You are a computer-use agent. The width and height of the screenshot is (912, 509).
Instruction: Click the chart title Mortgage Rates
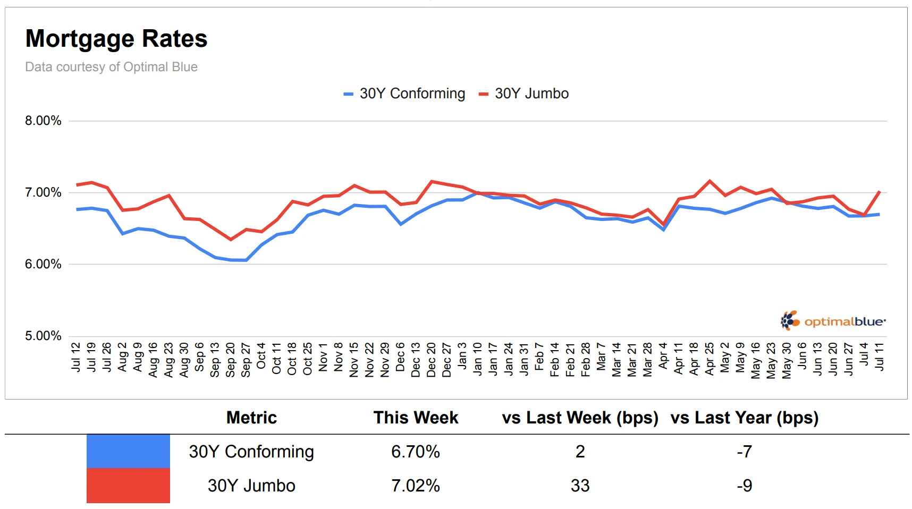116,39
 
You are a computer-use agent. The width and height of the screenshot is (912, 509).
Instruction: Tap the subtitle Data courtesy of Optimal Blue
111,67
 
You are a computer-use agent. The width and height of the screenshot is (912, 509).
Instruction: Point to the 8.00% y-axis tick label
43,121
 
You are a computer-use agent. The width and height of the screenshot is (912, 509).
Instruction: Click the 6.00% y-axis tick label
43,264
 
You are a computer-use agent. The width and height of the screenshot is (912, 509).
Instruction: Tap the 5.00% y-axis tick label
43,336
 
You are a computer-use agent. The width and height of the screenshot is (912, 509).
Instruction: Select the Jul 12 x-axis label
76,357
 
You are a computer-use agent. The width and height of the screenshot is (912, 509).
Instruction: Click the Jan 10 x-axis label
478,359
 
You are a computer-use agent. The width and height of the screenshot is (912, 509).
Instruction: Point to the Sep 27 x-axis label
246,360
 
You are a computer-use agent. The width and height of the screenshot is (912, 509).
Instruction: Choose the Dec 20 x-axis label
432,360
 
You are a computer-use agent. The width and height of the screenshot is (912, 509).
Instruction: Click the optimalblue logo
833,321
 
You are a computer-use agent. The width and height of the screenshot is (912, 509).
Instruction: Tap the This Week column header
416,418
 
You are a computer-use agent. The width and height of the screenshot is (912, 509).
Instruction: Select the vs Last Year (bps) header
744,418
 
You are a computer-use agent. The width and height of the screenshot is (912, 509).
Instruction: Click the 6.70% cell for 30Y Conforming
416,452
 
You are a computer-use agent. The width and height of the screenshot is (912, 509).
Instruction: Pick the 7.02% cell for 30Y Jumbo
416,486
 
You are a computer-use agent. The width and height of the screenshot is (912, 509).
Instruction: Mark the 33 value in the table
580,486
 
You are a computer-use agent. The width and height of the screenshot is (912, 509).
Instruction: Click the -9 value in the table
744,486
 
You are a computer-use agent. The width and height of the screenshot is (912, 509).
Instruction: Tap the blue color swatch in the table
128,452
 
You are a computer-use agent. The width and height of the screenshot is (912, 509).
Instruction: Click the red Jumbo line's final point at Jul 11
880,191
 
